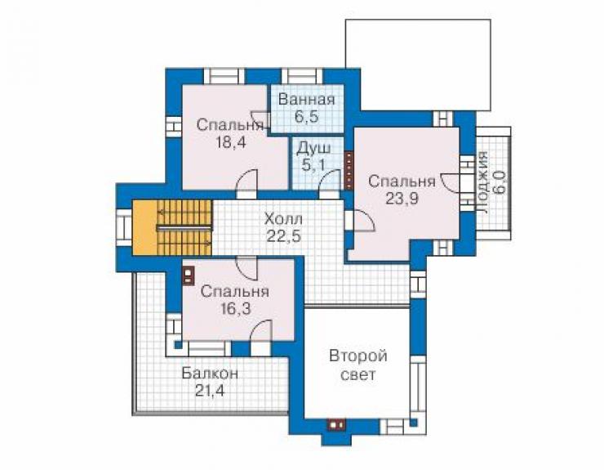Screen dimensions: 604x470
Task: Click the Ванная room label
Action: pos(306,100)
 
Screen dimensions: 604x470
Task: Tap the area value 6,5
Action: pos(307,116)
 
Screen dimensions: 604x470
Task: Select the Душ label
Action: pos(313,149)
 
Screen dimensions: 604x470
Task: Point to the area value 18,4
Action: pos(231,142)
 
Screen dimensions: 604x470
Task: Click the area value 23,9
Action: pos(402,199)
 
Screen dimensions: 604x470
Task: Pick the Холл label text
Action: pos(283,219)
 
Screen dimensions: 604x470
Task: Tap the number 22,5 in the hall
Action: pos(284,235)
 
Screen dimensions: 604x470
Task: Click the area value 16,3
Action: pos(236,308)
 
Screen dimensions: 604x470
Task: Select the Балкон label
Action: pos(210,374)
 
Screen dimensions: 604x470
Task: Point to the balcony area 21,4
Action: pos(210,391)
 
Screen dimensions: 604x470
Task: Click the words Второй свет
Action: pos(358,365)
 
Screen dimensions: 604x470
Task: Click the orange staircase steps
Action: pos(184,228)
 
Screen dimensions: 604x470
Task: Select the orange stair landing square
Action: pos(144,228)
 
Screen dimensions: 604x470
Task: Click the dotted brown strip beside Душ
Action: pos(349,170)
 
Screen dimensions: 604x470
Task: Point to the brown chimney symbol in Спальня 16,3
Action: pos(188,276)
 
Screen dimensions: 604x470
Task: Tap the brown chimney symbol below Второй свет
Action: pos(336,424)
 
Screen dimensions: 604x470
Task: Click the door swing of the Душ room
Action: pos(329,180)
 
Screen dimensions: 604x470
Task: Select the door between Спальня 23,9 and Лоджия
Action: pos(449,182)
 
